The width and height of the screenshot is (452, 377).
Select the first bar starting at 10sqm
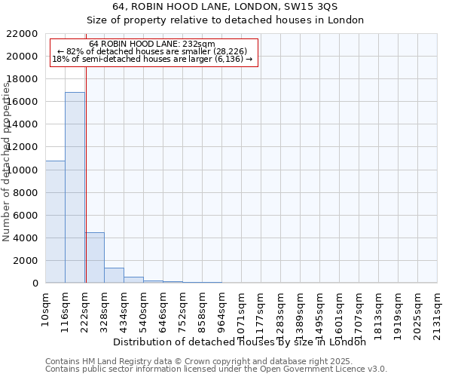pos(55,222)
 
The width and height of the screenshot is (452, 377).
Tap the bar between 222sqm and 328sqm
pos(94,257)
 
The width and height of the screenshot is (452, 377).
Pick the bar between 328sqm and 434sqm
pos(114,275)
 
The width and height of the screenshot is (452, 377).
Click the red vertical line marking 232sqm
pos(86,173)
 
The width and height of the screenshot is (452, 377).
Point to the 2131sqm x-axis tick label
pos(438,309)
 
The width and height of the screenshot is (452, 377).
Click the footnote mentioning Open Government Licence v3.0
pos(216,369)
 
